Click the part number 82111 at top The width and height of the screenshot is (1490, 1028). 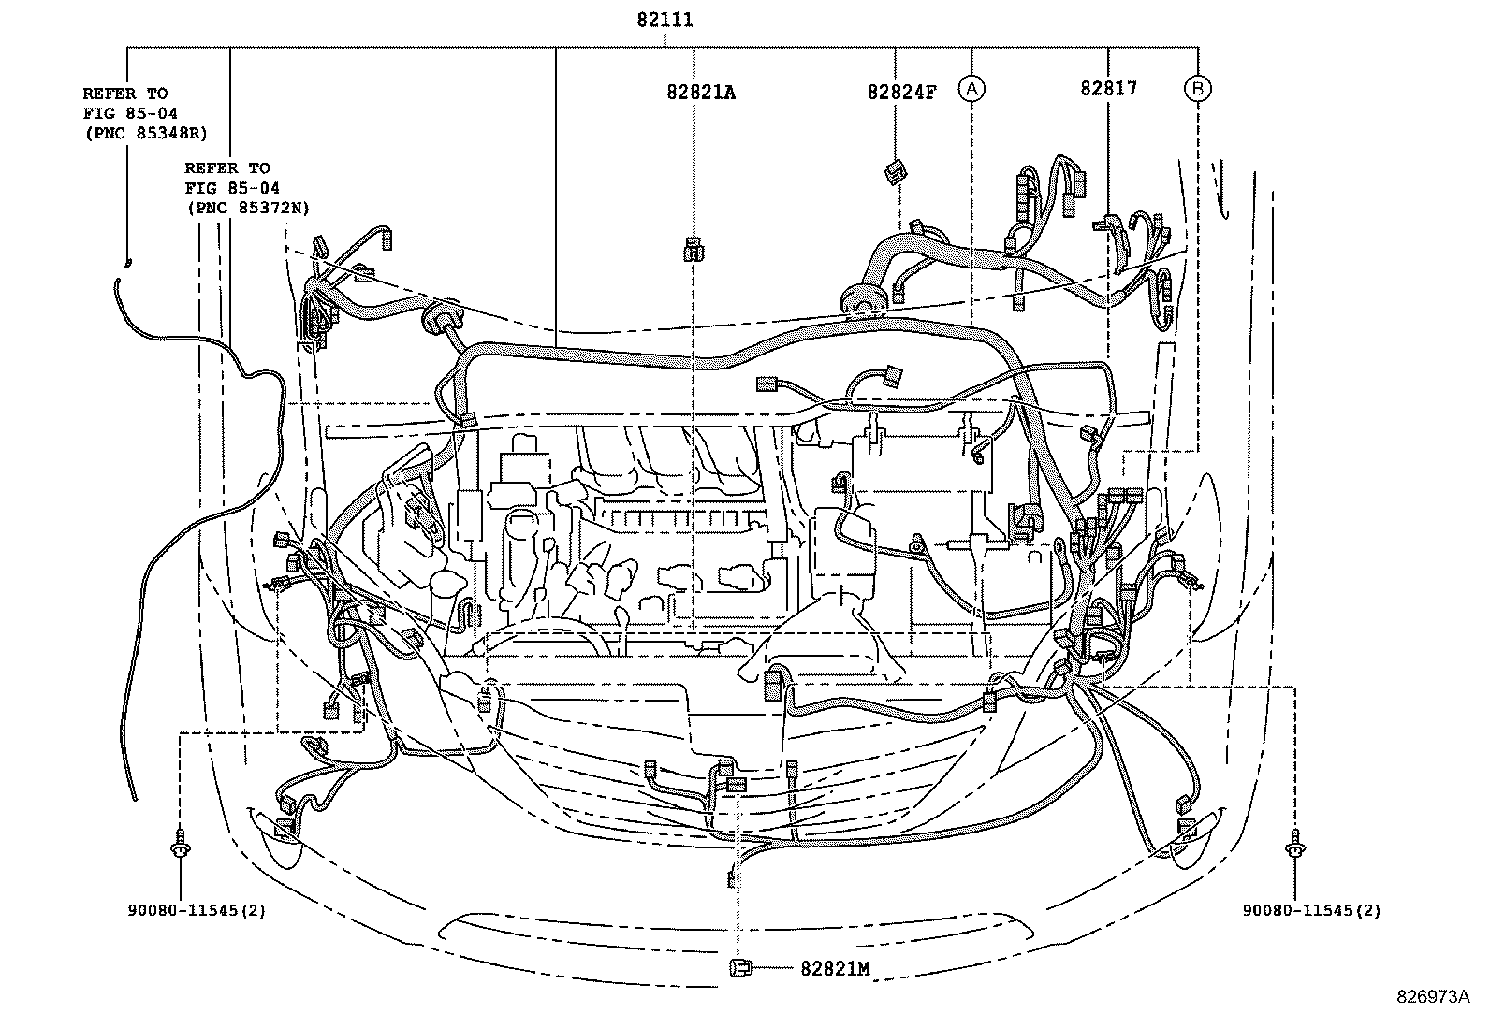(x=665, y=19)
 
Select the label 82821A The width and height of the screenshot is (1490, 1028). (x=701, y=93)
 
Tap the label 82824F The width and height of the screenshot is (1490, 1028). (x=900, y=93)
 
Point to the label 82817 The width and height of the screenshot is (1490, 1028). (x=1108, y=89)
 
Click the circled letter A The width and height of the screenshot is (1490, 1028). (x=971, y=89)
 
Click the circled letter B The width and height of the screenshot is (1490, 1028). (x=1197, y=89)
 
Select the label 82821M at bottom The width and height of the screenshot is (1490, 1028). (x=835, y=969)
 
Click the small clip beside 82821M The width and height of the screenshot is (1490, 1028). (x=739, y=967)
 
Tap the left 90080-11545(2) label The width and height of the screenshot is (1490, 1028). (x=197, y=909)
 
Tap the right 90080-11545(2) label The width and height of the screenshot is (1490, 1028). (x=1311, y=909)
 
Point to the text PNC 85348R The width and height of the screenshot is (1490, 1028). (x=144, y=133)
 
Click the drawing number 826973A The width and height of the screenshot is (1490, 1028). (x=1434, y=997)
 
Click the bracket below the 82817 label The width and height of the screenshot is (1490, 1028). (x=1110, y=224)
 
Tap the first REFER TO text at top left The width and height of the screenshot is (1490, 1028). (x=124, y=94)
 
